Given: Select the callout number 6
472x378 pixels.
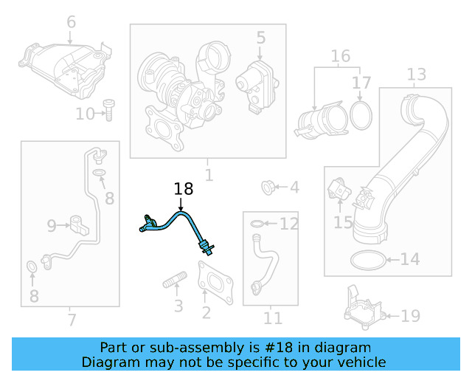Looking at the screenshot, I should (71, 22).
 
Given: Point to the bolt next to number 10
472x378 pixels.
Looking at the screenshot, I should (108, 109).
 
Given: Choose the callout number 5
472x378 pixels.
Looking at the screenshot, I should (260, 36).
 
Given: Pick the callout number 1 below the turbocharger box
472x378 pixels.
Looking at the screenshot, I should (209, 176).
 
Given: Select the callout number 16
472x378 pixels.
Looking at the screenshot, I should (340, 56).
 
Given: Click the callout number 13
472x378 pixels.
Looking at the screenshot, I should (416, 74).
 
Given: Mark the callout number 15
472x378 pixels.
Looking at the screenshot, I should (343, 221).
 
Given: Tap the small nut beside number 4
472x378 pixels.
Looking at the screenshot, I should (269, 187).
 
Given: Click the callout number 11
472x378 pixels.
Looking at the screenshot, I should (273, 318).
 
